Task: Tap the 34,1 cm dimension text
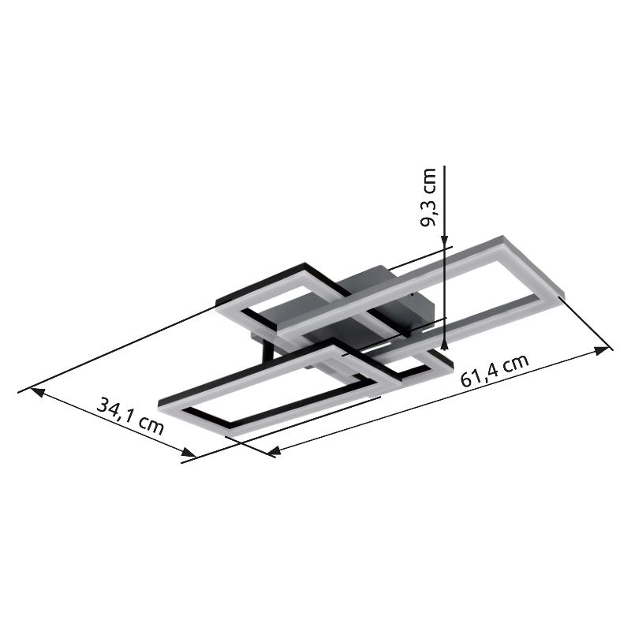tap(131, 416)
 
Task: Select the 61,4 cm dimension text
tap(495, 371)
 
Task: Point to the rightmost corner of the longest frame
tap(561, 297)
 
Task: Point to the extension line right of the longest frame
tap(586, 323)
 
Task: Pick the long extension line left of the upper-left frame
tap(118, 348)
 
